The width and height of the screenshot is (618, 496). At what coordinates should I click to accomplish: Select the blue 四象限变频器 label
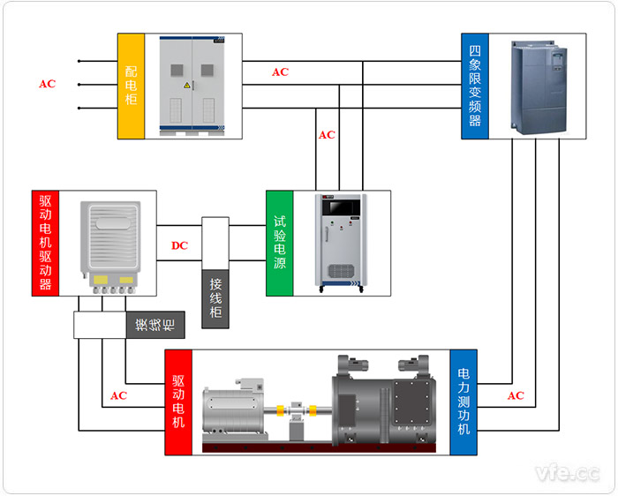(x=474, y=86)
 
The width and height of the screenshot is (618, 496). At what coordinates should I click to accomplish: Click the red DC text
(x=179, y=245)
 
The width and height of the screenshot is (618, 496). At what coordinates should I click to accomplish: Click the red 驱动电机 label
(x=178, y=402)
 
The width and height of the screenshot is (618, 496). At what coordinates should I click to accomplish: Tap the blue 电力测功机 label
(x=463, y=402)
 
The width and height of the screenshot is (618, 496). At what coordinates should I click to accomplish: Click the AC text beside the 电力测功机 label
(x=516, y=396)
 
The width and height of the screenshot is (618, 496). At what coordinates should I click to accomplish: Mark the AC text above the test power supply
(x=327, y=135)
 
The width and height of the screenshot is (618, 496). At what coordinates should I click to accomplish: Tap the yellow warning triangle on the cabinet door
(x=186, y=86)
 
